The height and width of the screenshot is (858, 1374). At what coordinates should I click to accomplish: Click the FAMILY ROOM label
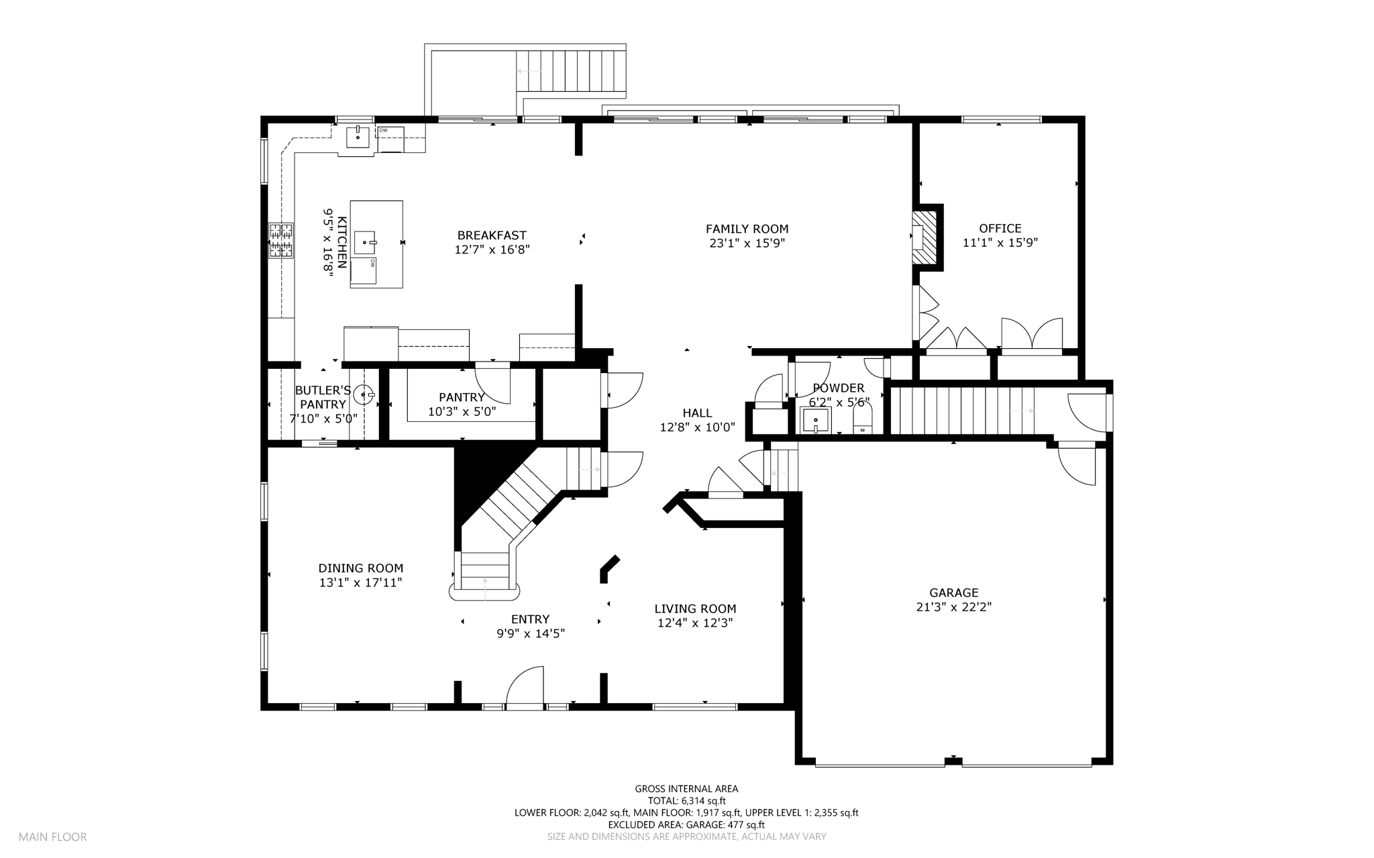point(747,229)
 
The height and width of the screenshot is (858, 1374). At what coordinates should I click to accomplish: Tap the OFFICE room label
point(1000,229)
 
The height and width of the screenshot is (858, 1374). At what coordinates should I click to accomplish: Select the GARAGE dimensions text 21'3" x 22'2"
point(953,607)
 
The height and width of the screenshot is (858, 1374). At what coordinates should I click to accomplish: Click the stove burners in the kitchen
point(282,240)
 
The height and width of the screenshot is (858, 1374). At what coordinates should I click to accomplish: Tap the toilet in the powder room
point(862,421)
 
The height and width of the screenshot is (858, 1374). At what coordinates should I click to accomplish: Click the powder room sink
point(816,421)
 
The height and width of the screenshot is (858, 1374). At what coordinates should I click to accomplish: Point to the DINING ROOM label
point(361,569)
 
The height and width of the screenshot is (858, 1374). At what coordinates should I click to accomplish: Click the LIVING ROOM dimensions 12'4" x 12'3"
point(695,623)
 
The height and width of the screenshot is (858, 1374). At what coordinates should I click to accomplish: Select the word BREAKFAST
point(492,235)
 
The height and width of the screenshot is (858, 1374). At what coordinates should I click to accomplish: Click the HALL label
point(697,413)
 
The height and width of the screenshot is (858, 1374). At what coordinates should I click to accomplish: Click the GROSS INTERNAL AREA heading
point(686,789)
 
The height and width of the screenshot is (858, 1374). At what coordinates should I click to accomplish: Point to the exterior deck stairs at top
point(571,70)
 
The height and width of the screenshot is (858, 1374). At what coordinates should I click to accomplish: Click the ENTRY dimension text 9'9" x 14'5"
point(531,633)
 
